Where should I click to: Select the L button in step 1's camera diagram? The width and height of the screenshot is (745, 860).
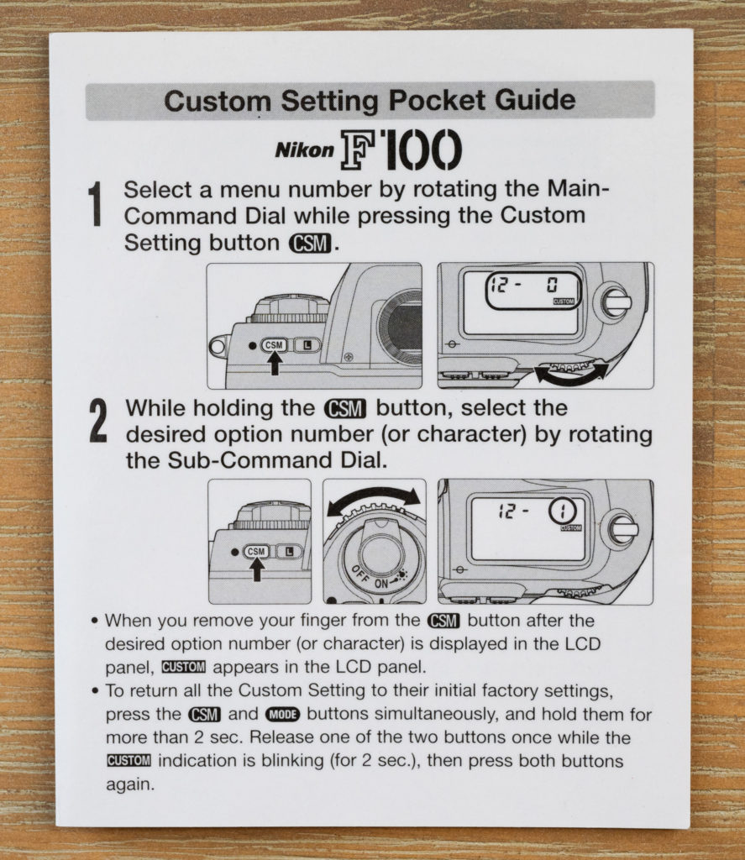click(307, 345)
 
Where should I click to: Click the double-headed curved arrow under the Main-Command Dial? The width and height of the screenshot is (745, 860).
click(571, 374)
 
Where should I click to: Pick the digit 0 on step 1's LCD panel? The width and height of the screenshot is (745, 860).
click(552, 286)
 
